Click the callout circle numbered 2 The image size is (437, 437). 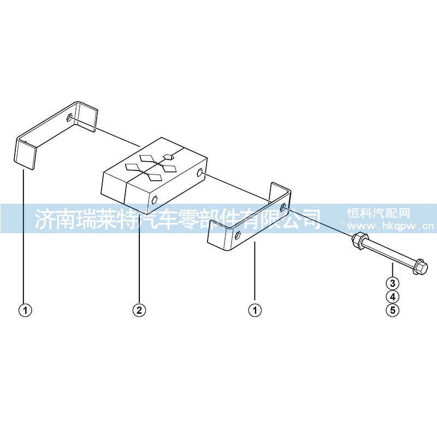[x=139, y=310]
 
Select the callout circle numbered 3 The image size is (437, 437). [x=393, y=283]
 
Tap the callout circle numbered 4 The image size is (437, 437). [x=393, y=297]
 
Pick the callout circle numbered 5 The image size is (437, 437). [x=393, y=310]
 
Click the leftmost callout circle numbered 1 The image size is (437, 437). [x=25, y=310]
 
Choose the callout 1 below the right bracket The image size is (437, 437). [x=255, y=310]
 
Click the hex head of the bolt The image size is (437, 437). [x=420, y=267]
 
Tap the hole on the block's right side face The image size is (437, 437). [x=199, y=173]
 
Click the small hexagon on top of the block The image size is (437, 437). [x=169, y=157]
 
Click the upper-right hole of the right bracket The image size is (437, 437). [x=282, y=207]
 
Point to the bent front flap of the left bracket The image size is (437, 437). [x=25, y=155]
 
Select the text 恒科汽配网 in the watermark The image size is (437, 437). [x=379, y=213]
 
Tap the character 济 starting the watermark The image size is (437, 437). [x=44, y=218]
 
